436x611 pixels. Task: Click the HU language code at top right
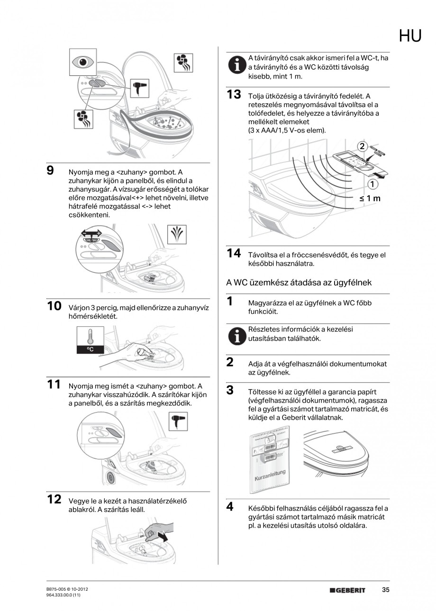(410, 36)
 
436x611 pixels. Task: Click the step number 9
(50, 171)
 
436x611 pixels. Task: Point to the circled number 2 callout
(363, 146)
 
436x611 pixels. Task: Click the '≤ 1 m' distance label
(370, 198)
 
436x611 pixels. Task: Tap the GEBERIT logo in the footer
(348, 591)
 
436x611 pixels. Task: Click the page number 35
(385, 590)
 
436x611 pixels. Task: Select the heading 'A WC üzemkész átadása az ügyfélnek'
(299, 282)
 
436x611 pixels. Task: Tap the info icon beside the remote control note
(235, 65)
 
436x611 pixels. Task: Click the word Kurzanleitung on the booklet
(270, 474)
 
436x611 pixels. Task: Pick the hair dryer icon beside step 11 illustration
(178, 422)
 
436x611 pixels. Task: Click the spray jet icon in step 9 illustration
(178, 234)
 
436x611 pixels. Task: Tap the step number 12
(54, 499)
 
